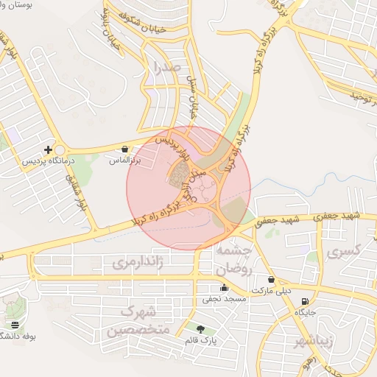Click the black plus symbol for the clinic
pos(49,149)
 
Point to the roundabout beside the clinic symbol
pos(59,149)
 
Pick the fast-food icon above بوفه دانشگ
pos(15,325)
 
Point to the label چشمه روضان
pos(236,259)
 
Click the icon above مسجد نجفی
pos(224,288)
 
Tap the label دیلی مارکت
pos(272,290)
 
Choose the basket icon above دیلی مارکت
pos(272,280)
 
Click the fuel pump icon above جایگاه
pos(305,301)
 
